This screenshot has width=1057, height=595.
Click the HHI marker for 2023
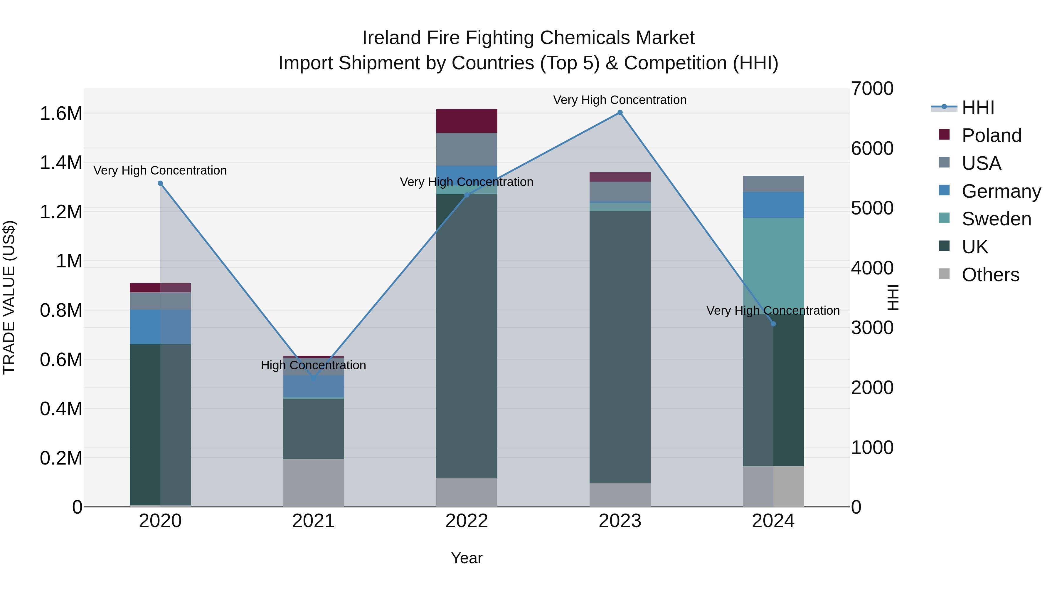(x=620, y=113)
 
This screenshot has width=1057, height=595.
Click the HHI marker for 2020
(x=160, y=183)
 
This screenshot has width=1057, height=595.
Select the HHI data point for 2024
(x=773, y=324)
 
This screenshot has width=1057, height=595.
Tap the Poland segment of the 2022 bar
(x=467, y=121)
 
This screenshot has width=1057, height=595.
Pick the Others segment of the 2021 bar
(x=314, y=482)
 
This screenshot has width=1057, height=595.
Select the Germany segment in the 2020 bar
(x=160, y=327)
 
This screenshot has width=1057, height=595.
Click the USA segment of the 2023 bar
(x=620, y=191)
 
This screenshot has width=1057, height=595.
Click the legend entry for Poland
(x=991, y=135)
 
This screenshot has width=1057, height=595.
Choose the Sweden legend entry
(x=996, y=219)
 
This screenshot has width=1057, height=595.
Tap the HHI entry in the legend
(x=977, y=108)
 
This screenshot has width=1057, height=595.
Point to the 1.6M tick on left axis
(x=61, y=113)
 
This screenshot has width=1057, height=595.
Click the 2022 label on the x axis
(x=467, y=521)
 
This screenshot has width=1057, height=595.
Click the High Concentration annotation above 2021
(x=314, y=365)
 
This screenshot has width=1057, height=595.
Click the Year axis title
(x=467, y=558)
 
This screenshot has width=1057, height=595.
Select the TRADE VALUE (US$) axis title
(x=9, y=297)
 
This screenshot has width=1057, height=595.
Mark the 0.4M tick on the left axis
(x=61, y=409)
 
